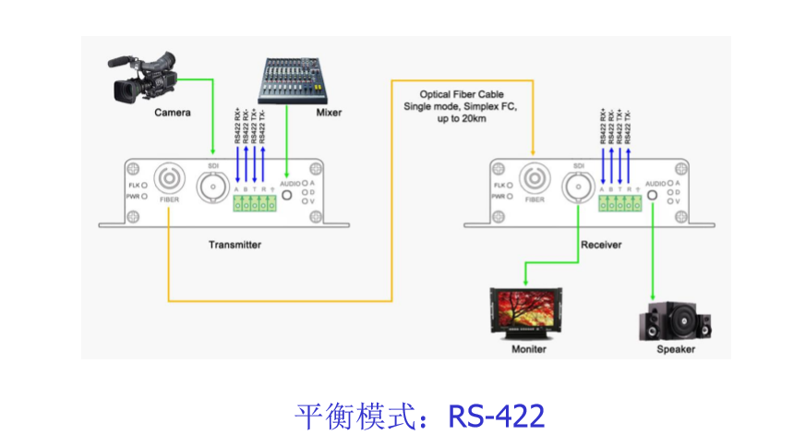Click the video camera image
[x=143, y=77]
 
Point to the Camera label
[x=173, y=113]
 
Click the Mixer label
[x=329, y=113]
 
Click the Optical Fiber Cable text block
[x=462, y=107]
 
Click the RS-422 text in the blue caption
[x=497, y=416]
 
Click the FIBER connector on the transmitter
[x=170, y=179]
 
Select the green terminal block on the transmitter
[x=254, y=205]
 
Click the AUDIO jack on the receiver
[x=653, y=195]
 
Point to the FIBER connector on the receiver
[x=534, y=179]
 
